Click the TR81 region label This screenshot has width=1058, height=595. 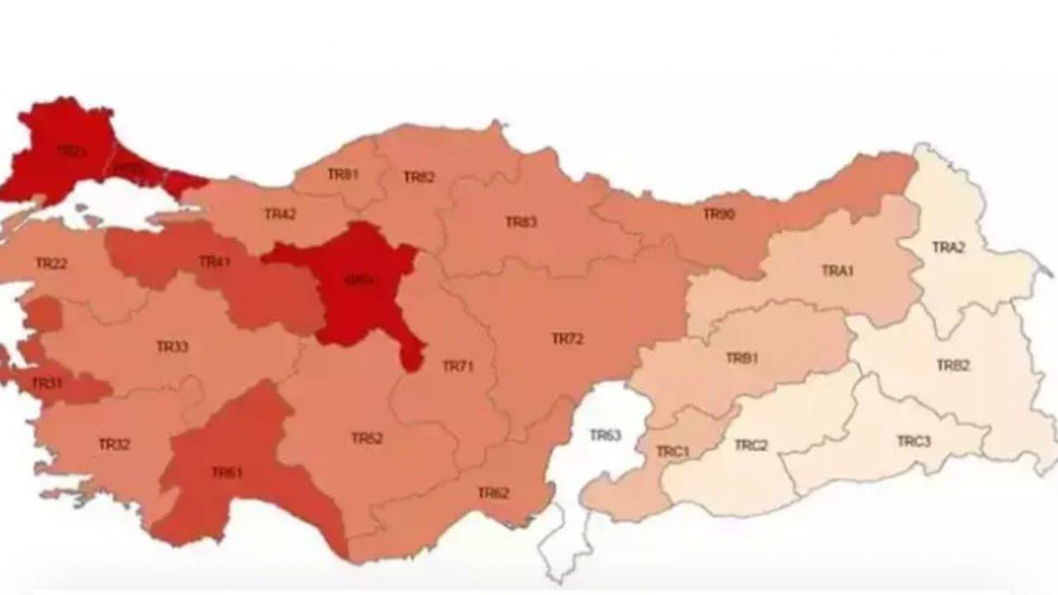[342, 174]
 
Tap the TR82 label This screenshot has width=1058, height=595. [419, 177]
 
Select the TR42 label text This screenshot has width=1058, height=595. [280, 214]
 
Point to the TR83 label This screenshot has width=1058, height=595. [521, 221]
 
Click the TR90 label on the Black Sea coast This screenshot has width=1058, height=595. [718, 214]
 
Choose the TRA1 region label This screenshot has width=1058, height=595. [837, 271]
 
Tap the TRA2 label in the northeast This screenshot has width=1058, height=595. [948, 247]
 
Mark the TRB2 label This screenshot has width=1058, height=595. [953, 365]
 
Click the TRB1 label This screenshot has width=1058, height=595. [741, 358]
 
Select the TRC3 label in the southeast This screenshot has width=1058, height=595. [914, 441]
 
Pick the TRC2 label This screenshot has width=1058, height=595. [751, 445]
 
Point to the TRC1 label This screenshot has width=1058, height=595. [672, 452]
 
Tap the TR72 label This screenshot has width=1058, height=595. [568, 339]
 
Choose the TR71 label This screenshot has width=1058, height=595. [458, 366]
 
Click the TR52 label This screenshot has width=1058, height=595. [367, 438]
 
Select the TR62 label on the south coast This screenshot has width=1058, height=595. [493, 493]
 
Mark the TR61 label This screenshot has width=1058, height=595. [226, 473]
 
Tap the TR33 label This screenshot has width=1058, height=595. [172, 346]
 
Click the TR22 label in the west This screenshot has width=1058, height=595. [51, 264]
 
